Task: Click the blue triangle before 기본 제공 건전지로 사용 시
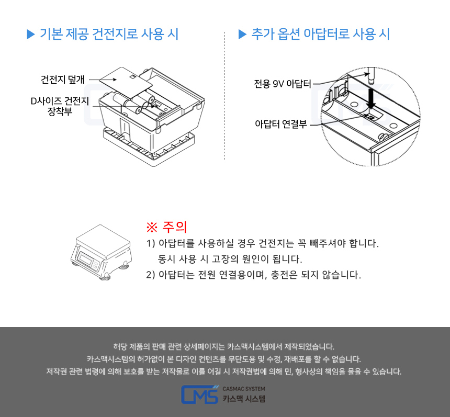point(30,34)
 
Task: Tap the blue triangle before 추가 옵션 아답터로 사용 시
point(242,34)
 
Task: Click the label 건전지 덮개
point(63,80)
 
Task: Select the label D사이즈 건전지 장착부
point(60,106)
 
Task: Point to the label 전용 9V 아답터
point(283,84)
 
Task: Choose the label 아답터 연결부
point(280,124)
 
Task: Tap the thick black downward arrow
point(371,98)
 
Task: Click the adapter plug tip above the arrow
point(372,76)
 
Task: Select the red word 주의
point(174,227)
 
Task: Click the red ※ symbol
point(152,227)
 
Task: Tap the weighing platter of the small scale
point(103,241)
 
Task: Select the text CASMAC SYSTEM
point(244,389)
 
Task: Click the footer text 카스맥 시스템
point(244,399)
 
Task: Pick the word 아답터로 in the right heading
point(326,34)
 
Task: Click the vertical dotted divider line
point(224,96)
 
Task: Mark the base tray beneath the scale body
point(149,147)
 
